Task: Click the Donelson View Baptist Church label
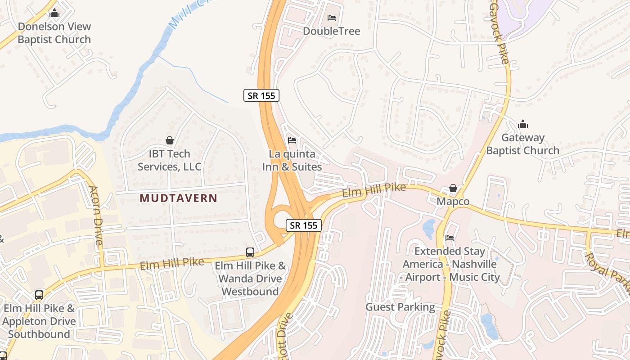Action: click(54, 33)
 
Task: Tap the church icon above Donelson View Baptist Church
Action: click(54, 13)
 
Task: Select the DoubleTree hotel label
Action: click(332, 31)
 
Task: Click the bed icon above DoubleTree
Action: click(332, 18)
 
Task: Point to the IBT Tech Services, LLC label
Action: click(169, 160)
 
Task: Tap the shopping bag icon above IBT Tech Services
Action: click(170, 140)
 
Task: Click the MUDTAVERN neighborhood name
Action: click(178, 198)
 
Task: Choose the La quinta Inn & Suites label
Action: click(292, 160)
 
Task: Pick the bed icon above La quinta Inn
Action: click(292, 140)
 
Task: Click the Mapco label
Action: click(453, 201)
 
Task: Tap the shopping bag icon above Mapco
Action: click(453, 188)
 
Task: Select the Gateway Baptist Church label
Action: click(522, 144)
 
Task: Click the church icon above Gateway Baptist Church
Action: click(523, 124)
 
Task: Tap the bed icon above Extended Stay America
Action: click(450, 238)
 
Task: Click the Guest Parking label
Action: click(400, 307)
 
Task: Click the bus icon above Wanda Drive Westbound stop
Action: click(250, 252)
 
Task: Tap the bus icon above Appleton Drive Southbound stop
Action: click(39, 295)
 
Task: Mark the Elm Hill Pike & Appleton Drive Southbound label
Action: click(39, 321)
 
